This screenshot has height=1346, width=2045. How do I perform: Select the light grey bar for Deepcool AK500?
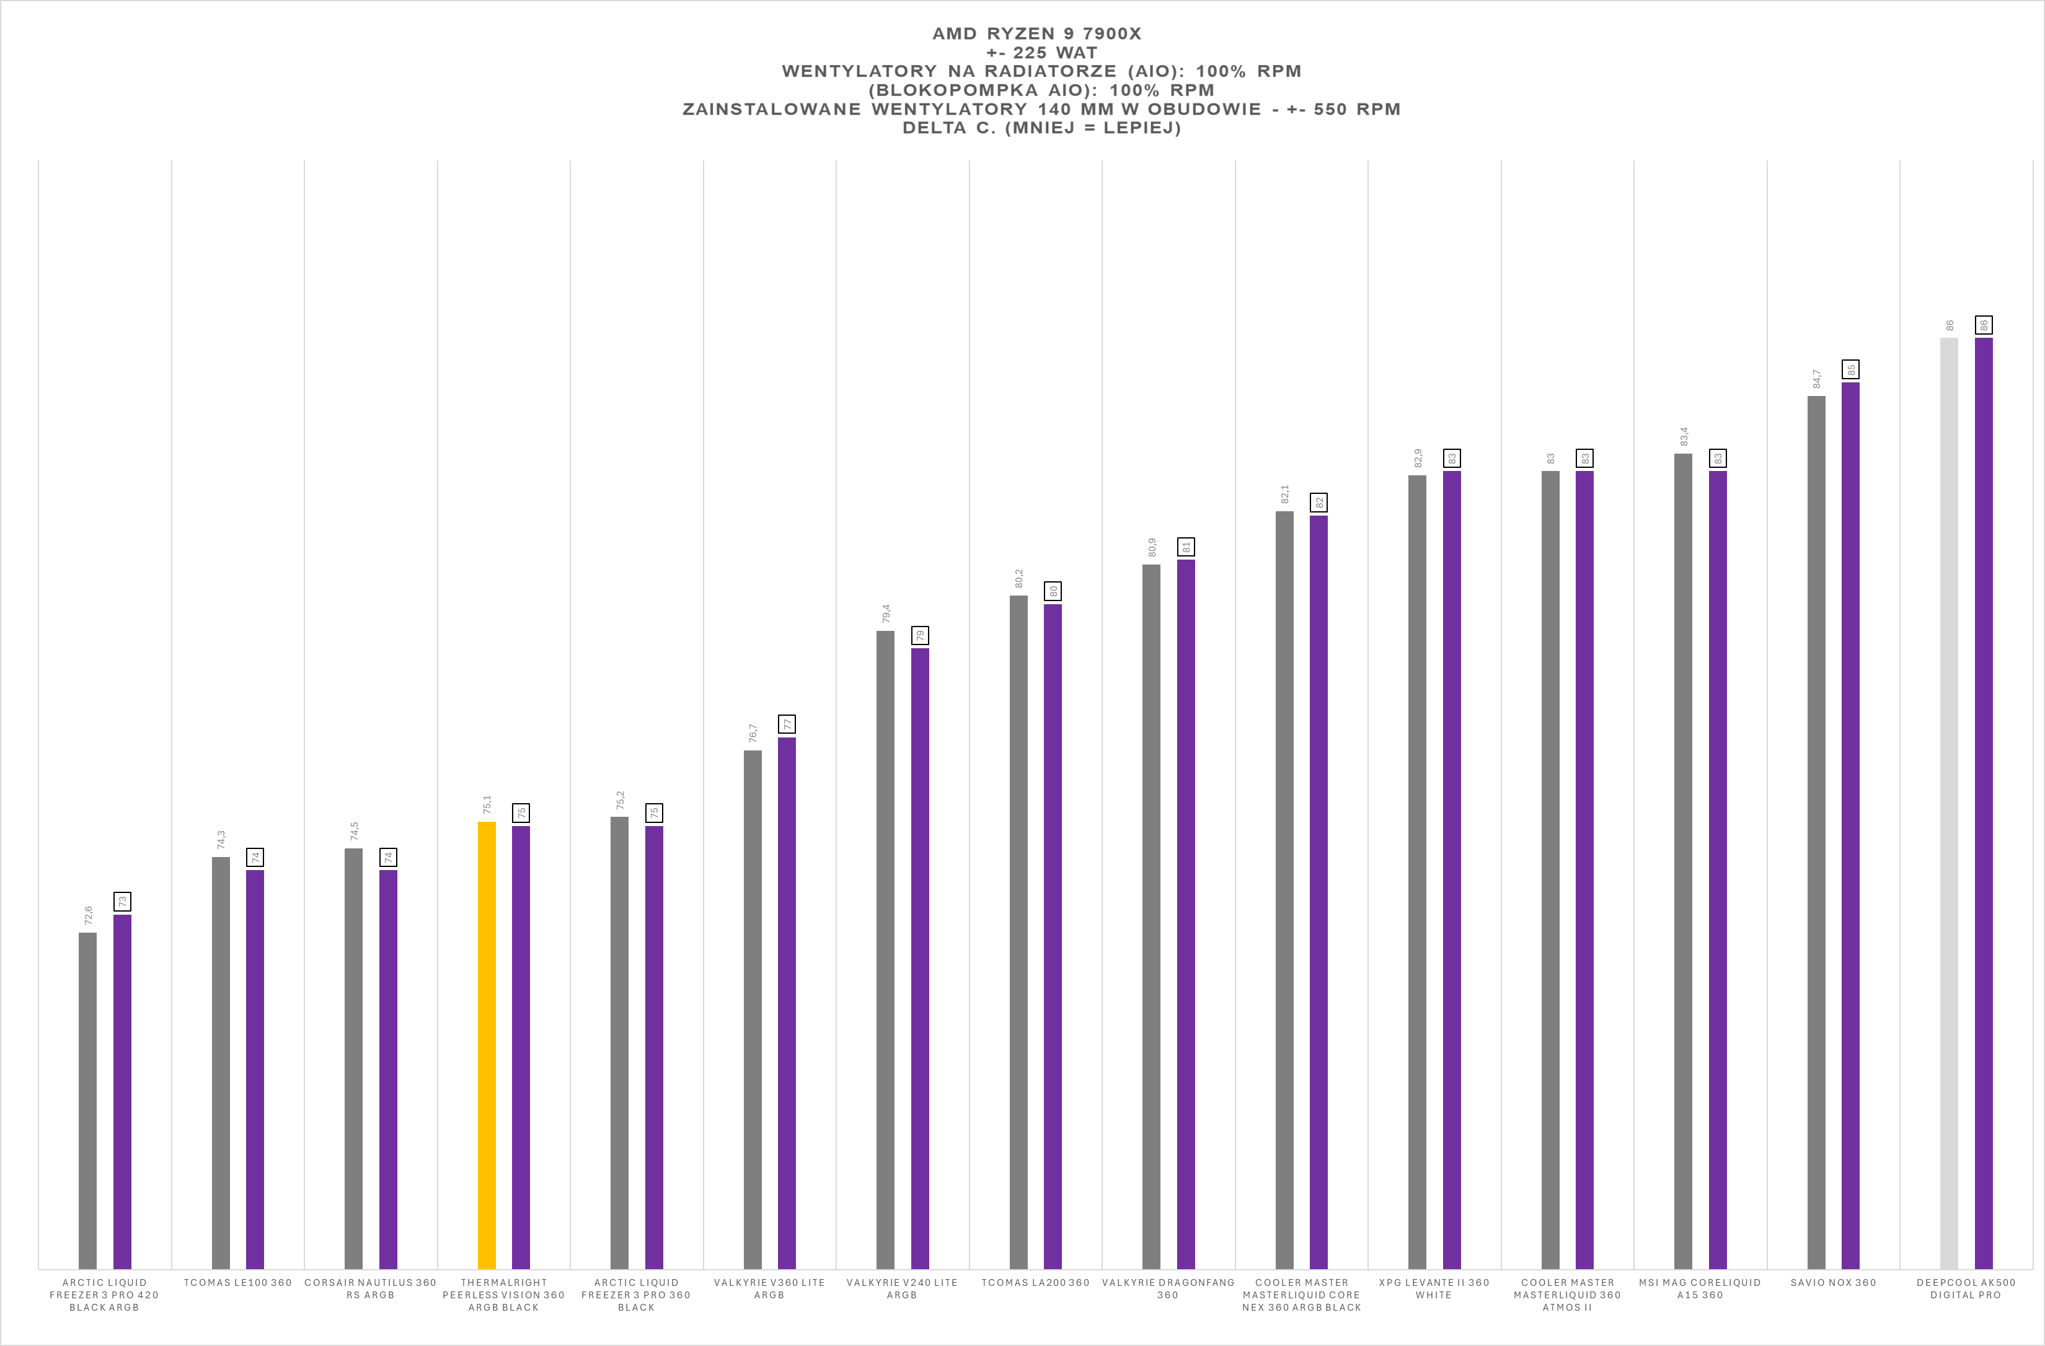pos(1949,803)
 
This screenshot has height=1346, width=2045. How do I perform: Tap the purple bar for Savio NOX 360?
pos(1850,825)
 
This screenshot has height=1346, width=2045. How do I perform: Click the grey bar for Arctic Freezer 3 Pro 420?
pos(87,1099)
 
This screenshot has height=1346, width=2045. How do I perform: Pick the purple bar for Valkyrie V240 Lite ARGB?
pos(919,957)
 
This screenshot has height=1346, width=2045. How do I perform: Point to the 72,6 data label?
pos(87,915)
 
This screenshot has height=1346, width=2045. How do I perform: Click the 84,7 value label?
pos(1816,379)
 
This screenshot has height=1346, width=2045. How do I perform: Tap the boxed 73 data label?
pos(123,901)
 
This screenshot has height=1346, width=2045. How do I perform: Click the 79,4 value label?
pos(886,614)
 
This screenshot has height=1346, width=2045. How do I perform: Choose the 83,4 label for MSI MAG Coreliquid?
pos(1683,436)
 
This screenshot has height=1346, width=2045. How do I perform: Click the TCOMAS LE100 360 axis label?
pos(237,1282)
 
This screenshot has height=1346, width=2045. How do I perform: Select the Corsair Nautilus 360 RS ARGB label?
pos(370,1288)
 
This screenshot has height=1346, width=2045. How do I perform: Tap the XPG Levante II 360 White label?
pos(1434,1288)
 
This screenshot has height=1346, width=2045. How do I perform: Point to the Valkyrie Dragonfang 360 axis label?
pos(1168,1288)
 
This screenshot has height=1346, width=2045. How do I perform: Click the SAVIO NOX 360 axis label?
pos(1833,1282)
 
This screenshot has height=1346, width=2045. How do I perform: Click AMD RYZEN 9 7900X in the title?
pos(1036,33)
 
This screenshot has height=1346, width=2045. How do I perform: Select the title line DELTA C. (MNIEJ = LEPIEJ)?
pos(1041,128)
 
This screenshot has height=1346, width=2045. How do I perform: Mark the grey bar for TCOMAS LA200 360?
pos(1018,932)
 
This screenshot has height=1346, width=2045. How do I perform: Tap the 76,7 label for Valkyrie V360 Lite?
pos(753,732)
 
